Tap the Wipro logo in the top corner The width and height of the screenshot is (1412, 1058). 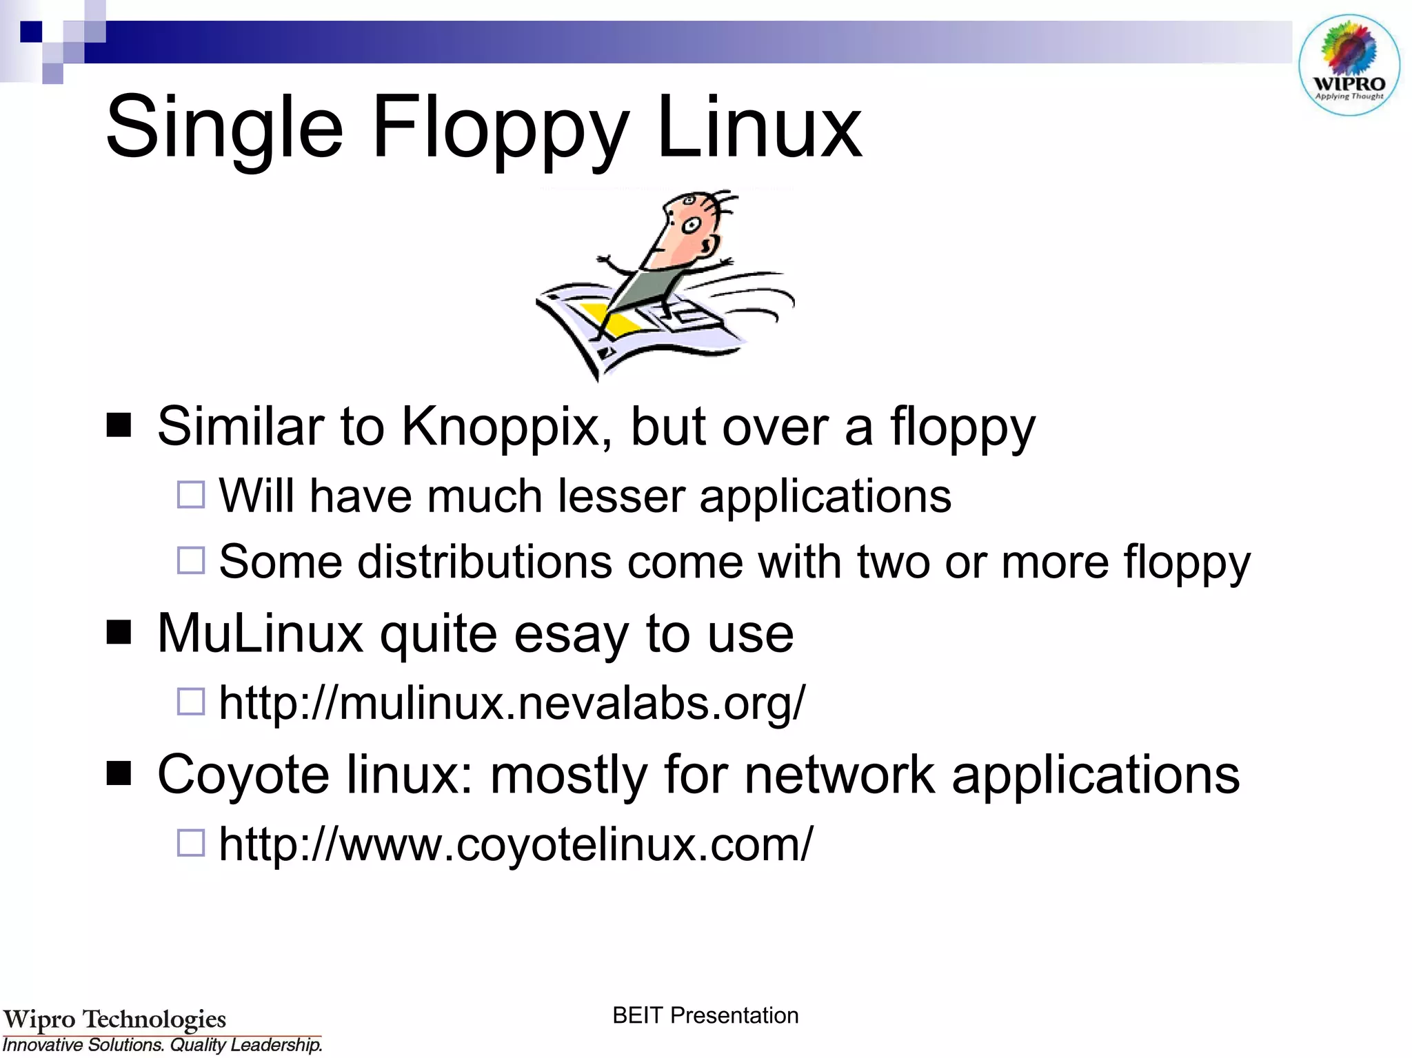point(1349,65)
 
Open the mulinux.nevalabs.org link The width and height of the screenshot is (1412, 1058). point(511,704)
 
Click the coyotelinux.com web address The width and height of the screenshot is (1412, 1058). point(515,844)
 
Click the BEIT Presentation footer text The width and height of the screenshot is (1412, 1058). point(705,1015)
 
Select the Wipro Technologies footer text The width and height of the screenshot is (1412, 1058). point(114,1019)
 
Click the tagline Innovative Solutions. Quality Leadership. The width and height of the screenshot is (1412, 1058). point(163,1045)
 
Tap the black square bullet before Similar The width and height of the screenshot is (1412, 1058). point(119,426)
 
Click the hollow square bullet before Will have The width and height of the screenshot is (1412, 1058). point(191,495)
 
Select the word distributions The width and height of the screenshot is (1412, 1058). point(484,562)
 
